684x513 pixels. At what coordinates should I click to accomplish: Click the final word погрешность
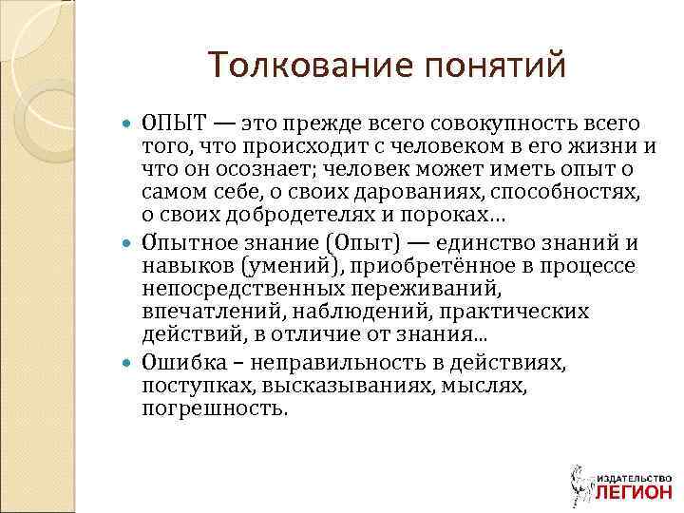[213, 408]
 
